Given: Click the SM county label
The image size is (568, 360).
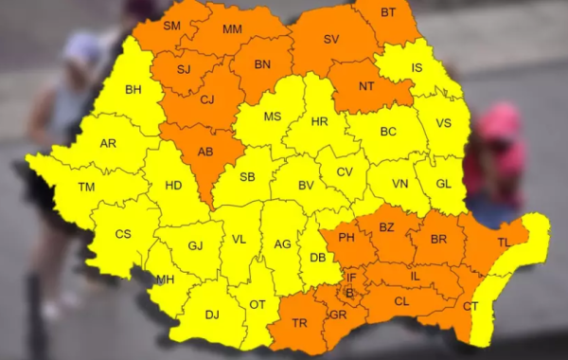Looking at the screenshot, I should (x=171, y=26).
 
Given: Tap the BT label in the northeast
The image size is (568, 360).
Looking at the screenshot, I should (x=388, y=12).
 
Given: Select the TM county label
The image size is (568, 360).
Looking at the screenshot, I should (x=86, y=188).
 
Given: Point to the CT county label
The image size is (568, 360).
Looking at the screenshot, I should (x=470, y=306).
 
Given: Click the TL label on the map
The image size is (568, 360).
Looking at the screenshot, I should (x=504, y=243).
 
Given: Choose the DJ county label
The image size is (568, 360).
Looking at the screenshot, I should (x=212, y=315).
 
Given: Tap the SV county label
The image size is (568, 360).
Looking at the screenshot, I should (x=331, y=39).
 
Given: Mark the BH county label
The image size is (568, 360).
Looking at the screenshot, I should (x=133, y=90).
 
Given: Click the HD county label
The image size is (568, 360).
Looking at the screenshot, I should (x=173, y=186).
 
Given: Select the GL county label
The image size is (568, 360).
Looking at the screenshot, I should (x=445, y=186).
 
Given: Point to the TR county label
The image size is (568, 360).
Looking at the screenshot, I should (x=299, y=323).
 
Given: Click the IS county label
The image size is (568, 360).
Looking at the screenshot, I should (x=417, y=67).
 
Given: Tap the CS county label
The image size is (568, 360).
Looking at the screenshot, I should (x=123, y=234).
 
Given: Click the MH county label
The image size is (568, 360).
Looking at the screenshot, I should (x=165, y=279).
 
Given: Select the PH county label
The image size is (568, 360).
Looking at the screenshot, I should (x=346, y=237).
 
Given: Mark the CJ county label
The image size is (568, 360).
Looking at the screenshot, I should (x=206, y=98).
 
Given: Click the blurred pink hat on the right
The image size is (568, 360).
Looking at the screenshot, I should (x=500, y=123).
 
